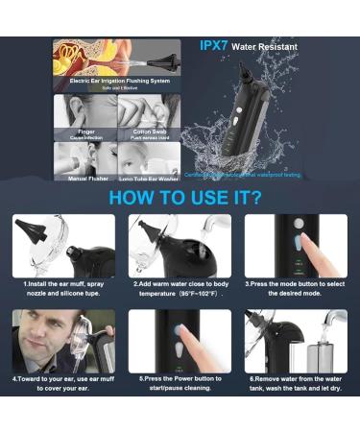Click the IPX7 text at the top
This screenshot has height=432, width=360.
(212, 45)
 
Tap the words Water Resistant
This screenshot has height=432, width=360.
(264, 46)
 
